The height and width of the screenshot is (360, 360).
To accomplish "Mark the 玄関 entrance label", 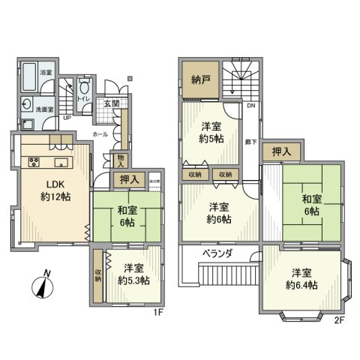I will click(x=111, y=104).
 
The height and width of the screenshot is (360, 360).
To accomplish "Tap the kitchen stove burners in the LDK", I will click(x=34, y=162).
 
